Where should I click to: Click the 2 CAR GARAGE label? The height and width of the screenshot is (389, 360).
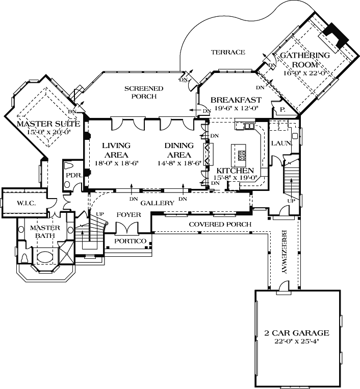tap(296, 333)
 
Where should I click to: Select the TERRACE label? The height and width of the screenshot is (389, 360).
tap(228, 52)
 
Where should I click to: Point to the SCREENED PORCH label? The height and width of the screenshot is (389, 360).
tap(144, 92)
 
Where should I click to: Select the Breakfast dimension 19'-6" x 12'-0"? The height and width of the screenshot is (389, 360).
tap(236, 108)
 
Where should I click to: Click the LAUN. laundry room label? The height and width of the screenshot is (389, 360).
tap(280, 143)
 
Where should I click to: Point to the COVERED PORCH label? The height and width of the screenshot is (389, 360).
tap(220, 224)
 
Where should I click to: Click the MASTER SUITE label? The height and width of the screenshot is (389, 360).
tap(48, 124)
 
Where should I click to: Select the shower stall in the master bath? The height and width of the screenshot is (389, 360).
tap(66, 251)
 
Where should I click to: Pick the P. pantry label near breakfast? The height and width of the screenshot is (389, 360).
tap(281, 109)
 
